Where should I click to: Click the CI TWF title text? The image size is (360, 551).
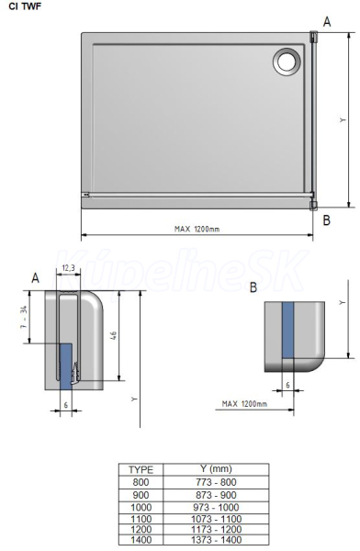(x=25, y=6)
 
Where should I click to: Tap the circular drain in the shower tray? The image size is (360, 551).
(x=287, y=62)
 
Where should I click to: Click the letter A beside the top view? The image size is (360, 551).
(x=327, y=22)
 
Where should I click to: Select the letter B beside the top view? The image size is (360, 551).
(x=327, y=220)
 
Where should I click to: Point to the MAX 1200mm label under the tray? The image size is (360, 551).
(x=197, y=229)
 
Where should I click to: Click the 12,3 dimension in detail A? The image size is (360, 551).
(x=68, y=268)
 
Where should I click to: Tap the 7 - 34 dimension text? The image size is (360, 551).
(x=24, y=318)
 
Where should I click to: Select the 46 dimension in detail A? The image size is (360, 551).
(x=114, y=335)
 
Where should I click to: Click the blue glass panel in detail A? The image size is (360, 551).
(x=66, y=366)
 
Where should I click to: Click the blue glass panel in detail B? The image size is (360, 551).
(x=287, y=330)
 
